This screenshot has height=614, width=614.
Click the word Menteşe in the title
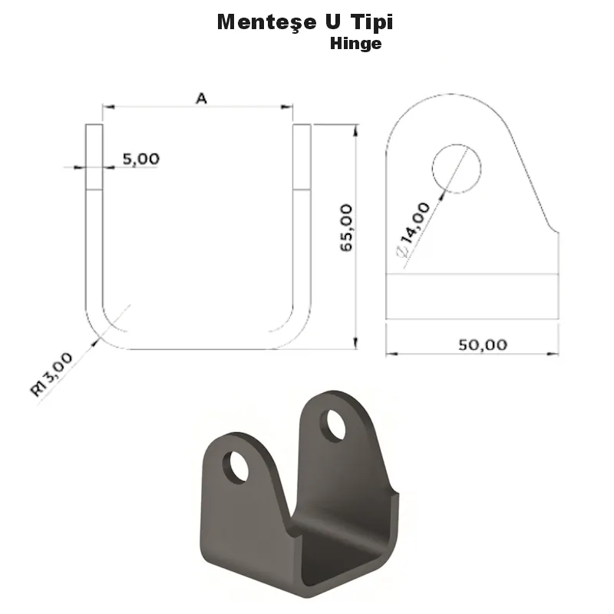263,21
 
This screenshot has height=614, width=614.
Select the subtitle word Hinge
355,44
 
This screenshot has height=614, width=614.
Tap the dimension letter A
201,97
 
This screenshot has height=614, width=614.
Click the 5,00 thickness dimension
141,159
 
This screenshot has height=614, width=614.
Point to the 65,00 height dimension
345,227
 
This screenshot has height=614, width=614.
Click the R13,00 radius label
52,374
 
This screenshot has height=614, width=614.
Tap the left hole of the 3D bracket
236,467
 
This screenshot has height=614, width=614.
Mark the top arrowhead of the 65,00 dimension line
355,130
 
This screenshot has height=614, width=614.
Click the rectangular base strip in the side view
472,296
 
